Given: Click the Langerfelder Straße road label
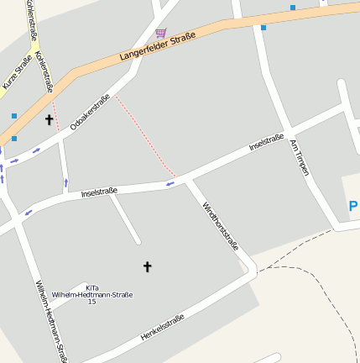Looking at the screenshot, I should click(x=158, y=47).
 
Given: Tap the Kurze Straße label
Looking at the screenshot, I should click(x=17, y=71).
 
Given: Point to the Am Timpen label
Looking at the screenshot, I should click(x=300, y=157).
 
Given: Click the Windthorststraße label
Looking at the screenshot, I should click(x=221, y=225).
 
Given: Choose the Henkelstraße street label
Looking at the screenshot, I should click(x=162, y=328).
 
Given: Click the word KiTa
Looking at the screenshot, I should click(x=91, y=287).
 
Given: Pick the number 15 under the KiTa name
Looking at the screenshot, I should click(x=91, y=302).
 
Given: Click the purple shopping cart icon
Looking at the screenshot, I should click(x=160, y=33).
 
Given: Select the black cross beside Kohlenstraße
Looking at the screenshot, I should click(x=49, y=120).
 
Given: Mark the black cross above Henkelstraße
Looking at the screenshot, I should click(x=148, y=266).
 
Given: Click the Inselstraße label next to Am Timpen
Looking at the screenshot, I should click(x=266, y=142).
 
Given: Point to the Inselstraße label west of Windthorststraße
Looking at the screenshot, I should click(x=99, y=192).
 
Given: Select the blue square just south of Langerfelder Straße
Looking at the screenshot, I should click(x=263, y=28).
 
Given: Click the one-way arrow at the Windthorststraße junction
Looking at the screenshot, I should click(x=170, y=182).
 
